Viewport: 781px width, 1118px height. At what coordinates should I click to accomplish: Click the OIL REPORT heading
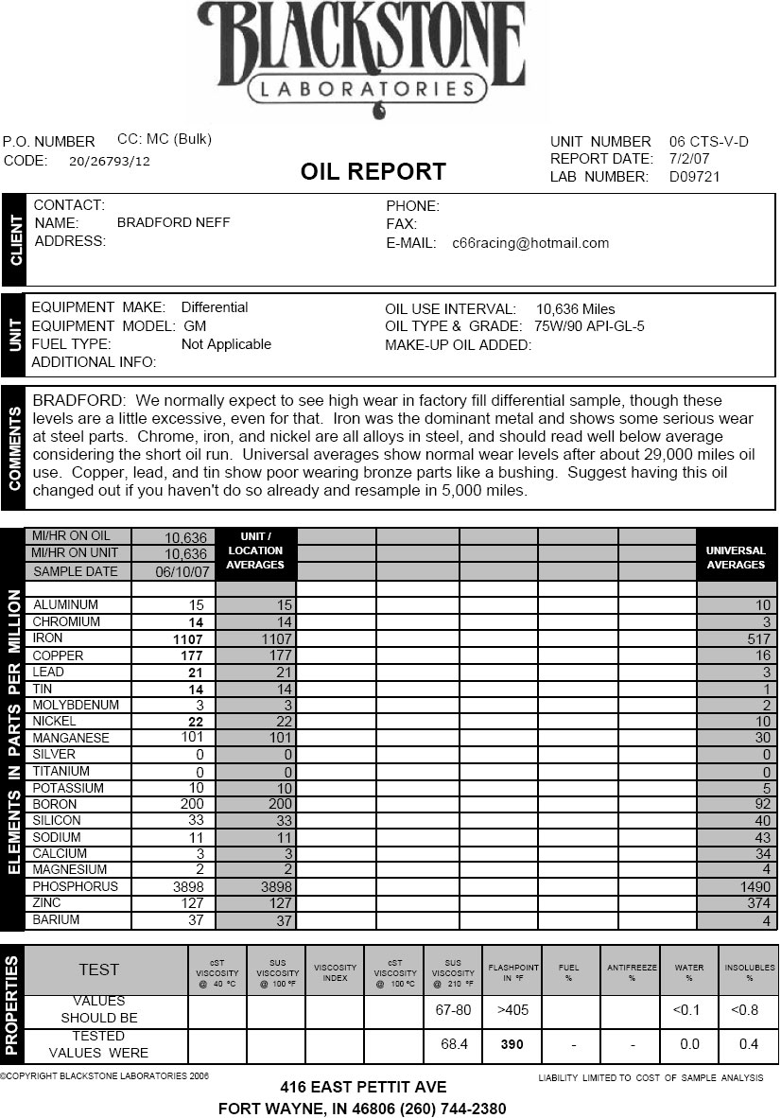[x=373, y=172]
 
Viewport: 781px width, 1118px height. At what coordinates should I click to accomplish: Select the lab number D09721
[x=695, y=177]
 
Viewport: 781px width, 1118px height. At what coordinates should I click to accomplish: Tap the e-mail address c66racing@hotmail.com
[x=530, y=243]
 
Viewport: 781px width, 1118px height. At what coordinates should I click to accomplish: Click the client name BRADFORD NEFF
[x=173, y=223]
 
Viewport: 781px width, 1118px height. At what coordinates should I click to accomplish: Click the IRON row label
[x=48, y=638]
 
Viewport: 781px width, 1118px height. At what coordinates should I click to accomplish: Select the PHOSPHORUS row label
[x=76, y=887]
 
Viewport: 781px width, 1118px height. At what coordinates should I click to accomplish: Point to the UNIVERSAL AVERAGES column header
[x=736, y=557]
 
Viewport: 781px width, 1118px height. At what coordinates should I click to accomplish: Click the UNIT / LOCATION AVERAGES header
[x=255, y=550]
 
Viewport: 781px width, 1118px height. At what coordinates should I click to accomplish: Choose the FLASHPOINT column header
[x=512, y=971]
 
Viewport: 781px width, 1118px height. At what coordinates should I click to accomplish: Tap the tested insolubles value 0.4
[x=749, y=1044]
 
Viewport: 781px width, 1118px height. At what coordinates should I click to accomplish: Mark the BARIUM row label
[x=57, y=919]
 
